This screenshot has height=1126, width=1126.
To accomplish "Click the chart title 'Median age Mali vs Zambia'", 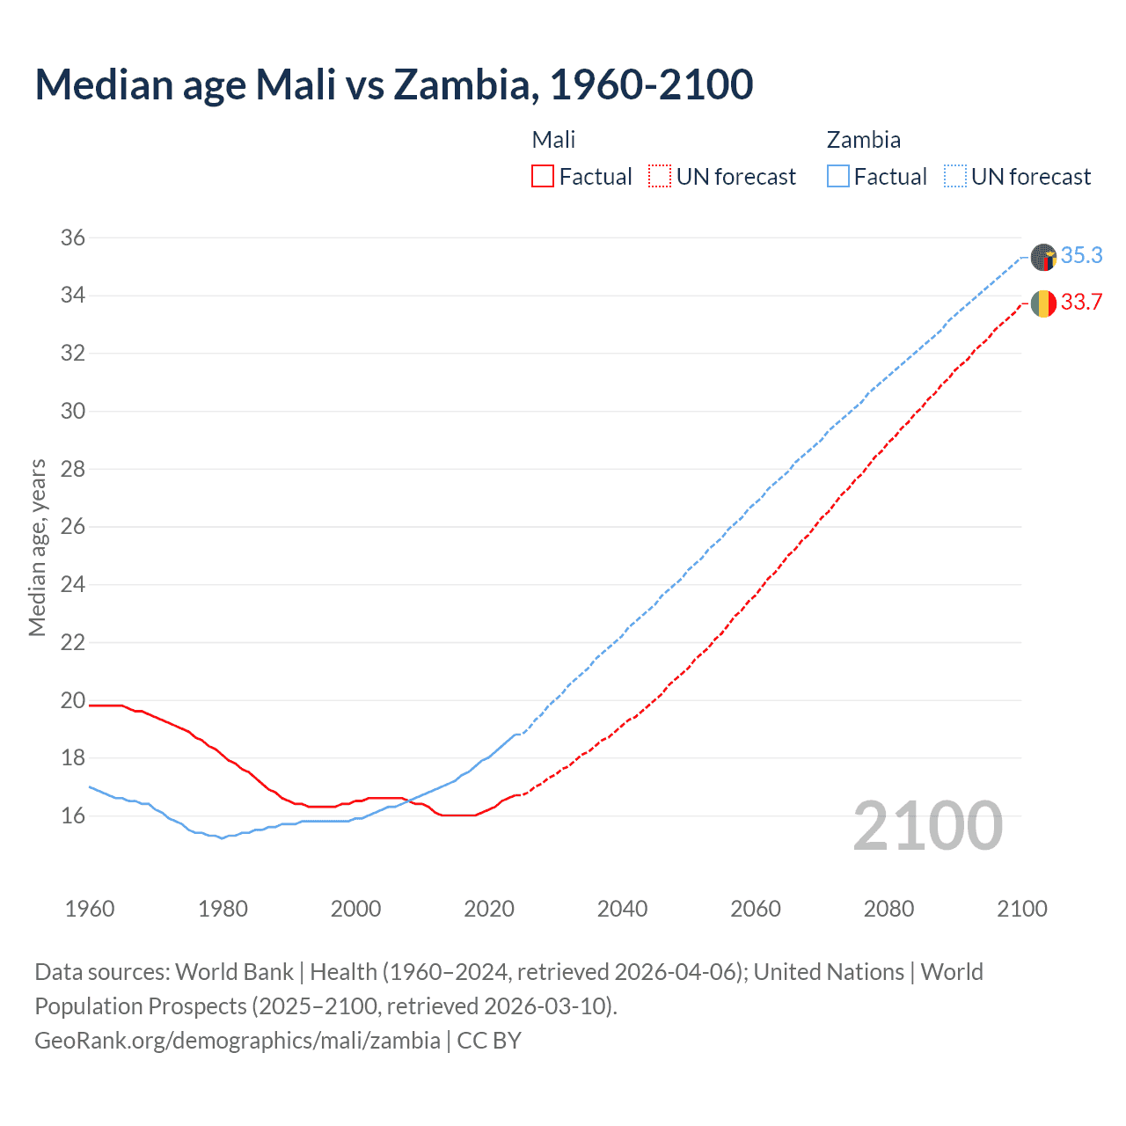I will pos(393,84).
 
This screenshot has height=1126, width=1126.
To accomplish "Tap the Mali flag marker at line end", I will pos(1043,303).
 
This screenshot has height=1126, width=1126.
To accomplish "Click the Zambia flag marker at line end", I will pos(1043,257).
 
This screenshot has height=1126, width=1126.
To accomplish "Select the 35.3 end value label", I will pos(1081,256).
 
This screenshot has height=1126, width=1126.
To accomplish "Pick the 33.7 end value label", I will pos(1081,303).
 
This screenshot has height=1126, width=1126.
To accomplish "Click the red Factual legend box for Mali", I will pos(543,177).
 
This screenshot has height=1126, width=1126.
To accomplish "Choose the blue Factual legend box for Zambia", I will pos(837,177).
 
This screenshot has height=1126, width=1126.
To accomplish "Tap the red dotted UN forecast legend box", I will pos(660,177).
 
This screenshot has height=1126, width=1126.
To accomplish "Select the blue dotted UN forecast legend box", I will pos(954,177).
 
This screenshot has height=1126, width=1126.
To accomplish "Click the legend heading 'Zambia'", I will pos(863,140).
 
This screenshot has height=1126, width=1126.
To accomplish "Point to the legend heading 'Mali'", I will pos(553,140).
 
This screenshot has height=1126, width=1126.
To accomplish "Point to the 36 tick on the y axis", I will pos(73,238).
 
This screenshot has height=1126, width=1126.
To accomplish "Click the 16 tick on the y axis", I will pos(73,815).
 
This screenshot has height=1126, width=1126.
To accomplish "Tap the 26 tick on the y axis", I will pos(73,527).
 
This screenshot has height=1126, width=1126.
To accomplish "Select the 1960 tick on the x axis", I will pos(90,909).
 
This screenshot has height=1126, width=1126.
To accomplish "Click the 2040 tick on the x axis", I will pos(622,909).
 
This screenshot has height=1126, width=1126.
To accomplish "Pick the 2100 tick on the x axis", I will pos(1021,909).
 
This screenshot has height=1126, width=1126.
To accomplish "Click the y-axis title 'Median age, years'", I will pos(37,547).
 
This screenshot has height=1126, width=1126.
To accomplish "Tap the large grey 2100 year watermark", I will pos(928,826).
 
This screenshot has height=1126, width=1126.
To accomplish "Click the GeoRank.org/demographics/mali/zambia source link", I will pos(238,1041).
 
